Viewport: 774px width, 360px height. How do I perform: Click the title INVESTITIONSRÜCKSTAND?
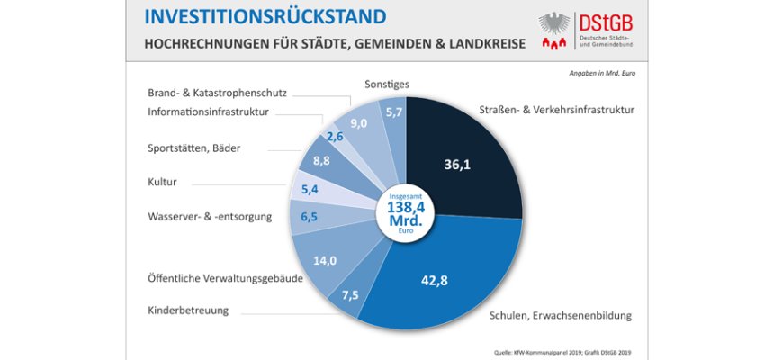point(265,17)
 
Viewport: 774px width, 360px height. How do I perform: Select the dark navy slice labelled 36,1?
point(457,165)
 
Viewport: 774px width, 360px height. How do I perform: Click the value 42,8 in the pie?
point(435,280)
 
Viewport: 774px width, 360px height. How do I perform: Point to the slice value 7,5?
point(349,295)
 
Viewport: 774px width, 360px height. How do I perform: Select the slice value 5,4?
point(311,189)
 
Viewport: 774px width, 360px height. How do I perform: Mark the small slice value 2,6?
point(336,136)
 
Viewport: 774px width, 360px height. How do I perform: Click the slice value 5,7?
point(393,112)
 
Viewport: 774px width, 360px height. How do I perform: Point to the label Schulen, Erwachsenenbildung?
point(561,316)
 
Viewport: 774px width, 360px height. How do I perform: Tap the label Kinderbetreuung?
point(188,310)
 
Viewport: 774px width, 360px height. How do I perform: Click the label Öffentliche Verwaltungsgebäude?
point(225,279)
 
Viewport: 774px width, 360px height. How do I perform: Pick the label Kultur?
point(162,182)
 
